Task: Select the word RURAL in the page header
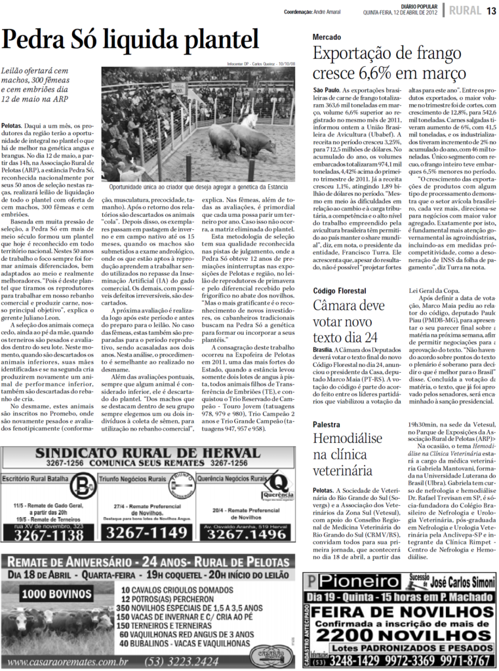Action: click(464, 10)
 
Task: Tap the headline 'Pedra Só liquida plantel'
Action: click(130, 41)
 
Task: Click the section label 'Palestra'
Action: click(327, 425)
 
